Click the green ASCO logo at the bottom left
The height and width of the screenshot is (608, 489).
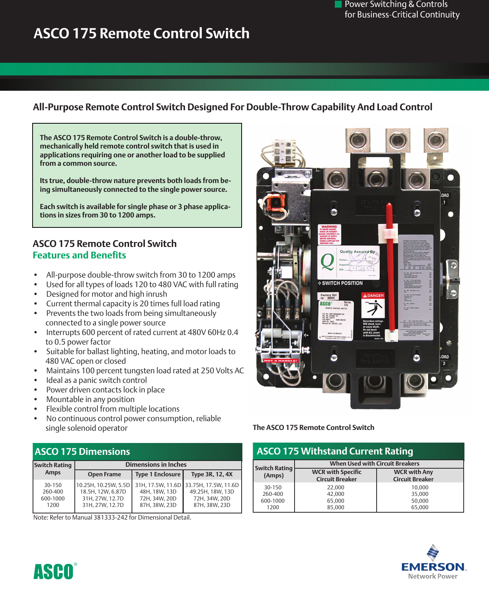(54, 571)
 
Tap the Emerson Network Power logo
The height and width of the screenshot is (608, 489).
(433, 563)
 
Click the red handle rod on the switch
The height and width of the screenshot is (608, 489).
(390, 268)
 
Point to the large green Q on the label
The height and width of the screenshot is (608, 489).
(327, 262)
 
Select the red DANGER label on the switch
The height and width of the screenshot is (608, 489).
(373, 296)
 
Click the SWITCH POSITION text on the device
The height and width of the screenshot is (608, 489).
(340, 283)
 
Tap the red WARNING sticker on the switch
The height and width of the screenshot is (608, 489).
(329, 234)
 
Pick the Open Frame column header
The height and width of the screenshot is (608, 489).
(104, 474)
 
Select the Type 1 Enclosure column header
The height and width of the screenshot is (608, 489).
(158, 474)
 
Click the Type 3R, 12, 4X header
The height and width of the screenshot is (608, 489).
(212, 474)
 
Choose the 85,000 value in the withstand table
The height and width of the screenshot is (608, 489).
(336, 507)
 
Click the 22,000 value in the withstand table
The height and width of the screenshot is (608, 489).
(336, 487)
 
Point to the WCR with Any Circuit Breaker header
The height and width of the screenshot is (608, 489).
(413, 476)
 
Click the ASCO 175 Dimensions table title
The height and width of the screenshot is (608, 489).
(82, 452)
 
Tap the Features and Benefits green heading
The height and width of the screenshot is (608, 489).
(79, 255)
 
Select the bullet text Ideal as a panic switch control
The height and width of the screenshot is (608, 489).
(96, 380)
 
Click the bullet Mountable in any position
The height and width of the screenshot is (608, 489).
(90, 399)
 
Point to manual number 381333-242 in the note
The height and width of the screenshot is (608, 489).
(110, 518)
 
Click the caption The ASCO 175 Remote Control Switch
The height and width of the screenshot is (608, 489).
(313, 428)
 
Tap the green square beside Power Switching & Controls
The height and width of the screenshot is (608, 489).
(338, 4)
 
